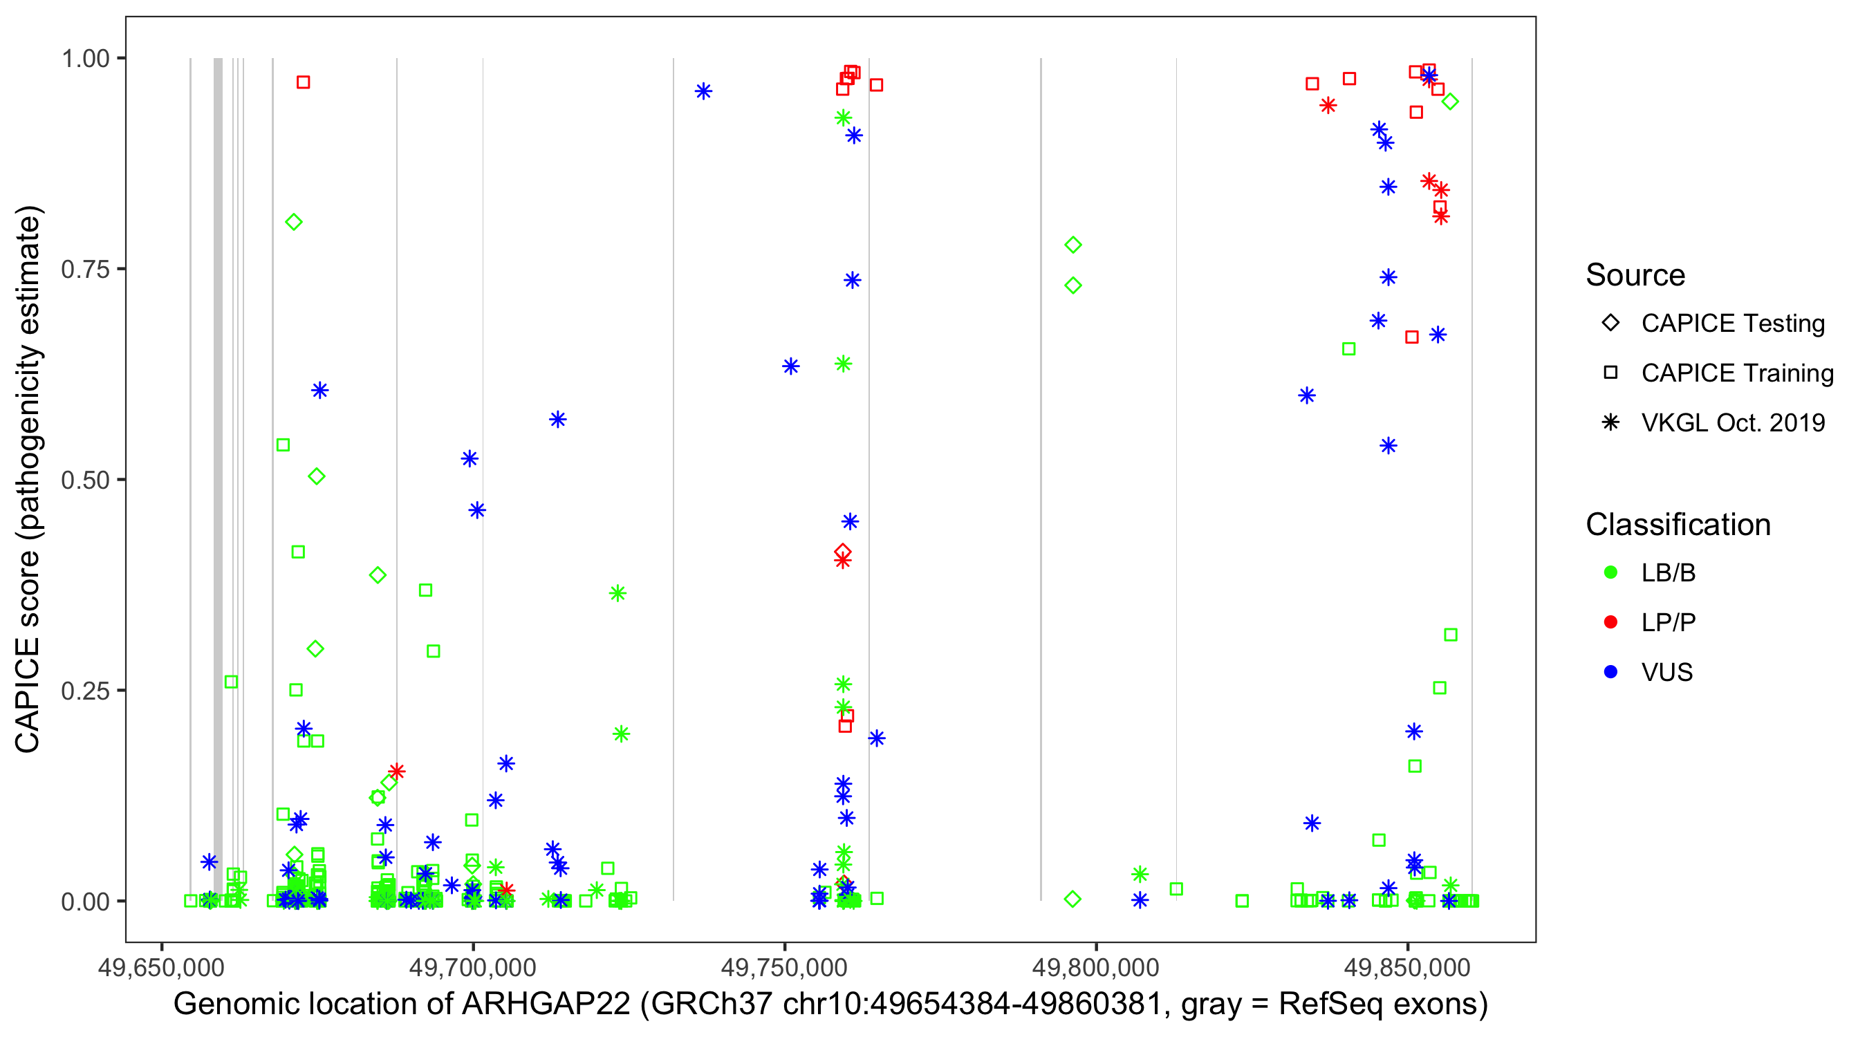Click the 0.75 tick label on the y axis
[x=84, y=270]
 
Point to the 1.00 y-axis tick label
[x=84, y=59]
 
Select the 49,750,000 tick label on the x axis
[x=784, y=967]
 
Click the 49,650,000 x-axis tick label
[x=161, y=967]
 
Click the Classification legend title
[x=1678, y=525]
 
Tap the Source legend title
[x=1635, y=275]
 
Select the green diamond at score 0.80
[x=293, y=223]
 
